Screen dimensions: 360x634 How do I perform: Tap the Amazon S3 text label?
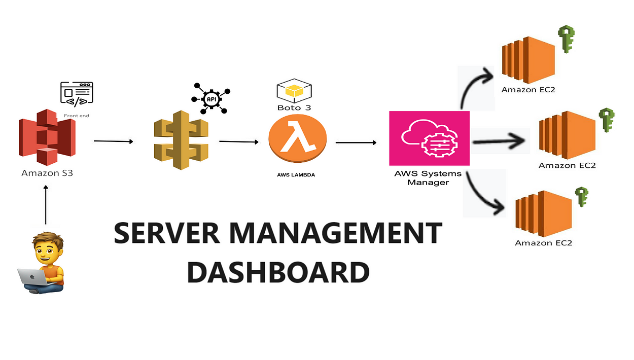pos(47,173)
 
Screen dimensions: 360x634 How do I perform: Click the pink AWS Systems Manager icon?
pos(429,138)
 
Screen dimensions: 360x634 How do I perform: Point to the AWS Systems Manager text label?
pos(428,178)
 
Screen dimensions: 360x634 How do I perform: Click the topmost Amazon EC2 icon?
pos(528,60)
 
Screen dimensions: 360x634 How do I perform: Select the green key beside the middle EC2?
pos(606,120)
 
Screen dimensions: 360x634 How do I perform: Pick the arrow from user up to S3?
pos(46,205)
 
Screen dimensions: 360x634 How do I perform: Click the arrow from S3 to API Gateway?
pos(113,141)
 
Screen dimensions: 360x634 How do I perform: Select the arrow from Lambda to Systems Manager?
pos(356,142)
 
